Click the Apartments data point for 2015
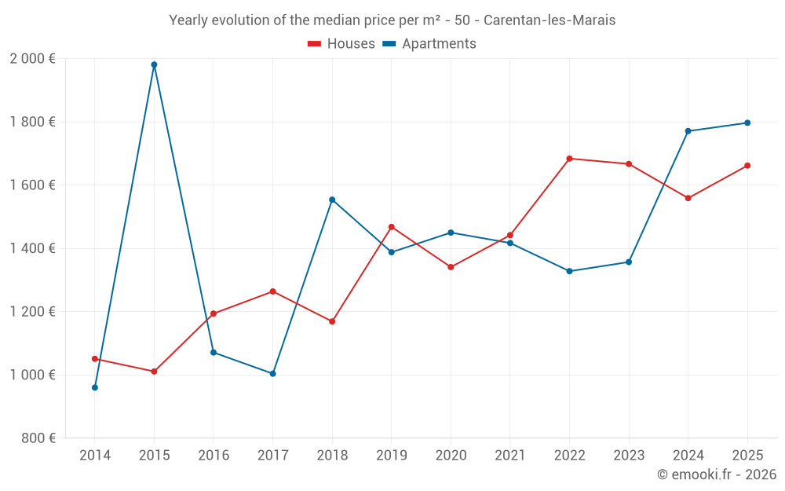(154, 64)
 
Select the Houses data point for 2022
(569, 159)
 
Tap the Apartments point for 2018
(332, 200)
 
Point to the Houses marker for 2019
(391, 227)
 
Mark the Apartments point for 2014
(95, 387)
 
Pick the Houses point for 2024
(688, 198)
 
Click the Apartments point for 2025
(747, 123)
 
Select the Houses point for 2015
(154, 372)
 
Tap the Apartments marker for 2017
(272, 373)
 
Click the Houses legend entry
(341, 44)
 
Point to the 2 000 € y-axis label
(32, 59)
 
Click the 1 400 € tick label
(32, 248)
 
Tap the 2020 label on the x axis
(451, 456)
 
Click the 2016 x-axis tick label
(214, 456)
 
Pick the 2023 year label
(629, 456)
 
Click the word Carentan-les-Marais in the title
(549, 20)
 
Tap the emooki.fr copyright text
(717, 475)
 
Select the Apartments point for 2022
(569, 271)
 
